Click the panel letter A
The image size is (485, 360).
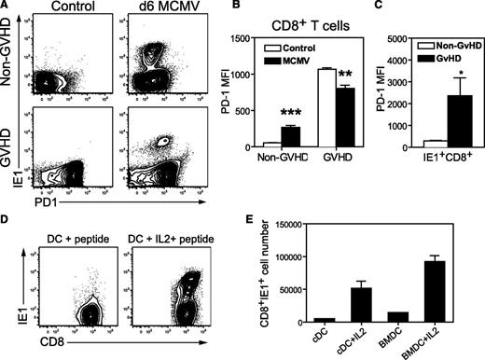[7, 7]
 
